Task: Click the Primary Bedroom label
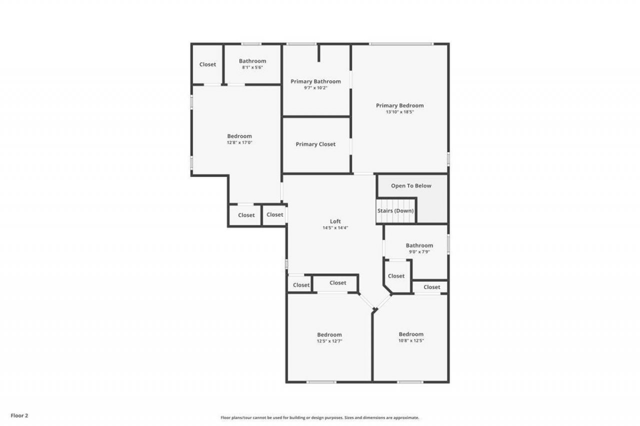coord(399,105)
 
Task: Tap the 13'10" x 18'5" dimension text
coord(399,112)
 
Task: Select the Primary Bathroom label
coord(315,81)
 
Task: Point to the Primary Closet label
coord(315,144)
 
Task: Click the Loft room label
coord(335,221)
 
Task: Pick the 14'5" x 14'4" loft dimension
coord(335,228)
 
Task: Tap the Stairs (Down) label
coord(395,211)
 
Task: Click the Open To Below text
coord(411,186)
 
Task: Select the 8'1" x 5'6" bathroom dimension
coord(252,67)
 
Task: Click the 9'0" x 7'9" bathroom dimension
coord(419,252)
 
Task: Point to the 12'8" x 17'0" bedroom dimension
coord(239,142)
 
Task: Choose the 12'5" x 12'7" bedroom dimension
coord(329,341)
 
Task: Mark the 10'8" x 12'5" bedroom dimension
coord(411,341)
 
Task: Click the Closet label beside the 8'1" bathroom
coord(207,64)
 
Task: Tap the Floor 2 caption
coord(20,415)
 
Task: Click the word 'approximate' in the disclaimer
coord(407,418)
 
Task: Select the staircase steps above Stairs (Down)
coord(396,202)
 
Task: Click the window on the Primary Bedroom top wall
coord(401,44)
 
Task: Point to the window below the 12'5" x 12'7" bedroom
coord(321,382)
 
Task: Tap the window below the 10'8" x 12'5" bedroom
coord(410,382)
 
